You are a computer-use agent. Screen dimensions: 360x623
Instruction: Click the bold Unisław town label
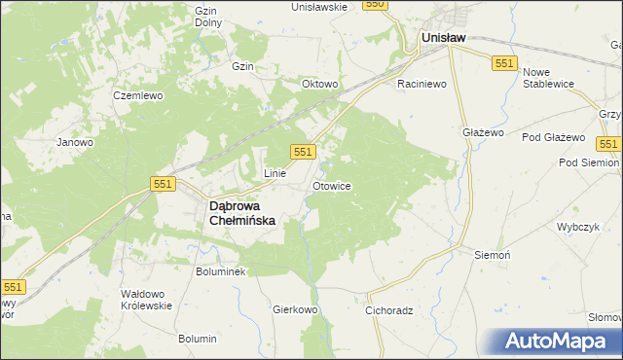[x=443, y=38]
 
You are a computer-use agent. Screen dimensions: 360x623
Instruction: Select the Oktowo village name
[x=319, y=85]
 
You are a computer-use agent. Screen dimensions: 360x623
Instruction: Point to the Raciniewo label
[x=421, y=85]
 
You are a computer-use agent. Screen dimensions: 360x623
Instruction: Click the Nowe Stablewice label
[x=550, y=79]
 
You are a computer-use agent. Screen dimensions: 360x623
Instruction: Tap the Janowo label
[x=74, y=142]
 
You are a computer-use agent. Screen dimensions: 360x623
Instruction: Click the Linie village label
[x=275, y=173]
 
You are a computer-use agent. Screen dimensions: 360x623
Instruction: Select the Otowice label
[x=332, y=185]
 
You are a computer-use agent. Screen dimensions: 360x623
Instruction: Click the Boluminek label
[x=222, y=271]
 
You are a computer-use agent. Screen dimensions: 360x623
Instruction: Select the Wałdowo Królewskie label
[x=145, y=299]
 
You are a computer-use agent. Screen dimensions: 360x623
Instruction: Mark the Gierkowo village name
[x=296, y=309]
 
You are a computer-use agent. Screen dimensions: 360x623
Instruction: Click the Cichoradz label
[x=390, y=311]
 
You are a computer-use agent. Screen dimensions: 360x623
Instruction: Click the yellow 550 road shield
[x=376, y=5]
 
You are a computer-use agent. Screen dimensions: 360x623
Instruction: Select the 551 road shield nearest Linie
[x=303, y=152]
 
